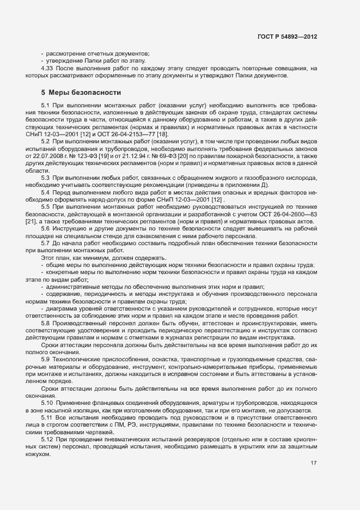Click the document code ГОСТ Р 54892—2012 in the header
coord(287,37)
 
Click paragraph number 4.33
coord(48,68)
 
